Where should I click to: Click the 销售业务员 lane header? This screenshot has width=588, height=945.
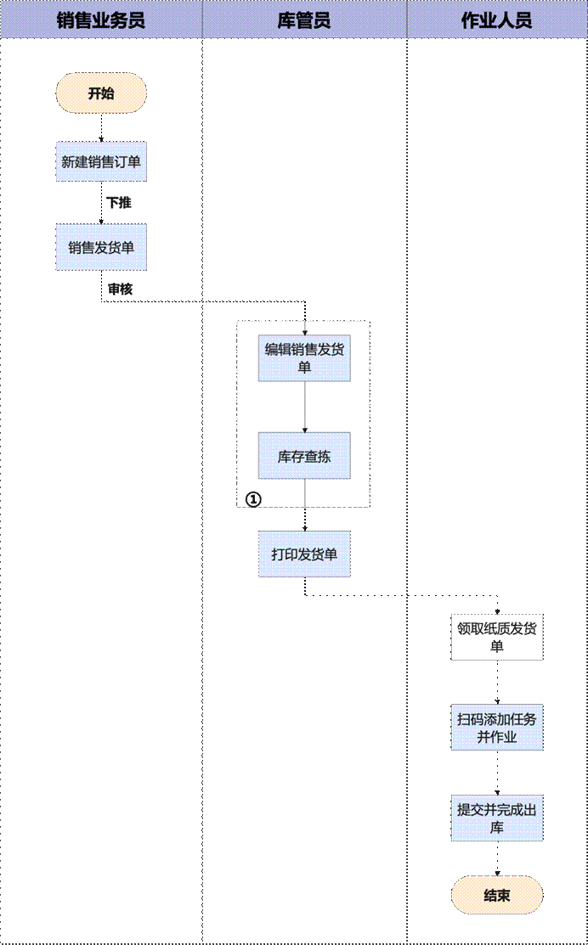[101, 20]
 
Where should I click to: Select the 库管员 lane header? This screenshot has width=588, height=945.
[304, 20]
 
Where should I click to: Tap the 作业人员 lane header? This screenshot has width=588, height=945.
[496, 20]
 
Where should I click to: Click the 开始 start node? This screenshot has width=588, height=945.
[101, 93]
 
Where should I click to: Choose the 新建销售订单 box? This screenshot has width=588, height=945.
[101, 161]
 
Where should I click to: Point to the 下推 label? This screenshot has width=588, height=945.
[119, 204]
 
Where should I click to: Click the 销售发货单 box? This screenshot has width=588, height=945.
[101, 247]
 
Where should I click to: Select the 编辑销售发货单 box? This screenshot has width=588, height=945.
[304, 358]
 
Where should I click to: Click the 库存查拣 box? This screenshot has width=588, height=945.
[304, 456]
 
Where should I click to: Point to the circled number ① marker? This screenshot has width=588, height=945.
[252, 499]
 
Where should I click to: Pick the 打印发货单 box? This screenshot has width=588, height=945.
[304, 554]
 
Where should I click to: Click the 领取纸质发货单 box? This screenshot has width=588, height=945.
[496, 637]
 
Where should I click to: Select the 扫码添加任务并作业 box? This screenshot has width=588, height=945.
[496, 728]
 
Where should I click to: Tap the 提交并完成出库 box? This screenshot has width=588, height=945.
[496, 818]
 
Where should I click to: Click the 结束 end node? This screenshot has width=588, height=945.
[496, 895]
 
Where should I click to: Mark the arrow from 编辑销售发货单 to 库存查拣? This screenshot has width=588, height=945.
[304, 407]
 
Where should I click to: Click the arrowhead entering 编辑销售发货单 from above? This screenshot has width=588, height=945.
[304, 332]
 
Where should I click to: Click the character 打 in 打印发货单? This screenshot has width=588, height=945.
[278, 555]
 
